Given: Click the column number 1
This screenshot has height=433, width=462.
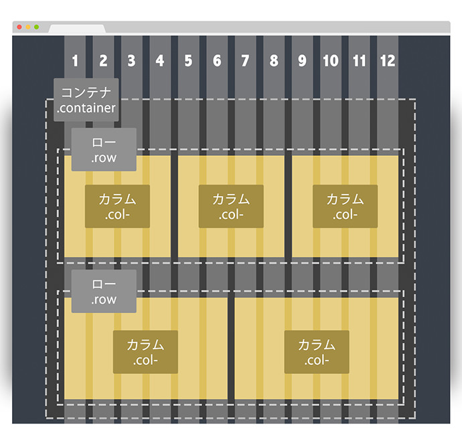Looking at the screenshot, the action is (75, 61).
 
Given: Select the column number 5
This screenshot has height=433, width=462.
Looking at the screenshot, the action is (188, 61).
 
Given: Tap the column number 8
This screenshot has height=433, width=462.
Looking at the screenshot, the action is (274, 61).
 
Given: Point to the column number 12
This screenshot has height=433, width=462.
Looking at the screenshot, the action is (388, 61).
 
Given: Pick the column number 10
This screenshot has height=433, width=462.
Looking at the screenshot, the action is (331, 61).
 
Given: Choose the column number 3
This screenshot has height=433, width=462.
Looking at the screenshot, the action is (131, 61).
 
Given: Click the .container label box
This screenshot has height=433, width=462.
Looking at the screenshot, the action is (86, 100).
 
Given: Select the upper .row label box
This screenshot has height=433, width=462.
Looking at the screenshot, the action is (104, 149).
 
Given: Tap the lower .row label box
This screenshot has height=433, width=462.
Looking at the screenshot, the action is (104, 291).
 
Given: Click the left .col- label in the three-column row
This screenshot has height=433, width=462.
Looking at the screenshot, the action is (117, 206).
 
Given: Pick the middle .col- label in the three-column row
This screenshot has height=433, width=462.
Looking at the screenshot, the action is (231, 206).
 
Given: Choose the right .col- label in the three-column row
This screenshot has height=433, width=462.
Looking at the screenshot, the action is (345, 206).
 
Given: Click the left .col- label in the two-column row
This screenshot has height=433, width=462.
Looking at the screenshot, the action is (145, 352).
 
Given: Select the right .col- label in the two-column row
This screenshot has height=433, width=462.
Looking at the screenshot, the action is (317, 352).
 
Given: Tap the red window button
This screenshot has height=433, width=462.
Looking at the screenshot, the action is (19, 27).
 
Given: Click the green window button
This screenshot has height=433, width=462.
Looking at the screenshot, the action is (37, 27).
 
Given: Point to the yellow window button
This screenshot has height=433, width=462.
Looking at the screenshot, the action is (28, 27).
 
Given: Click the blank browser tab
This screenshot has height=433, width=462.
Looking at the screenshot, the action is (77, 29).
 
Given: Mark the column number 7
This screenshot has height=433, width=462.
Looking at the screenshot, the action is (245, 61).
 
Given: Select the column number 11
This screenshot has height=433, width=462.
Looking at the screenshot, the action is (359, 61).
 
